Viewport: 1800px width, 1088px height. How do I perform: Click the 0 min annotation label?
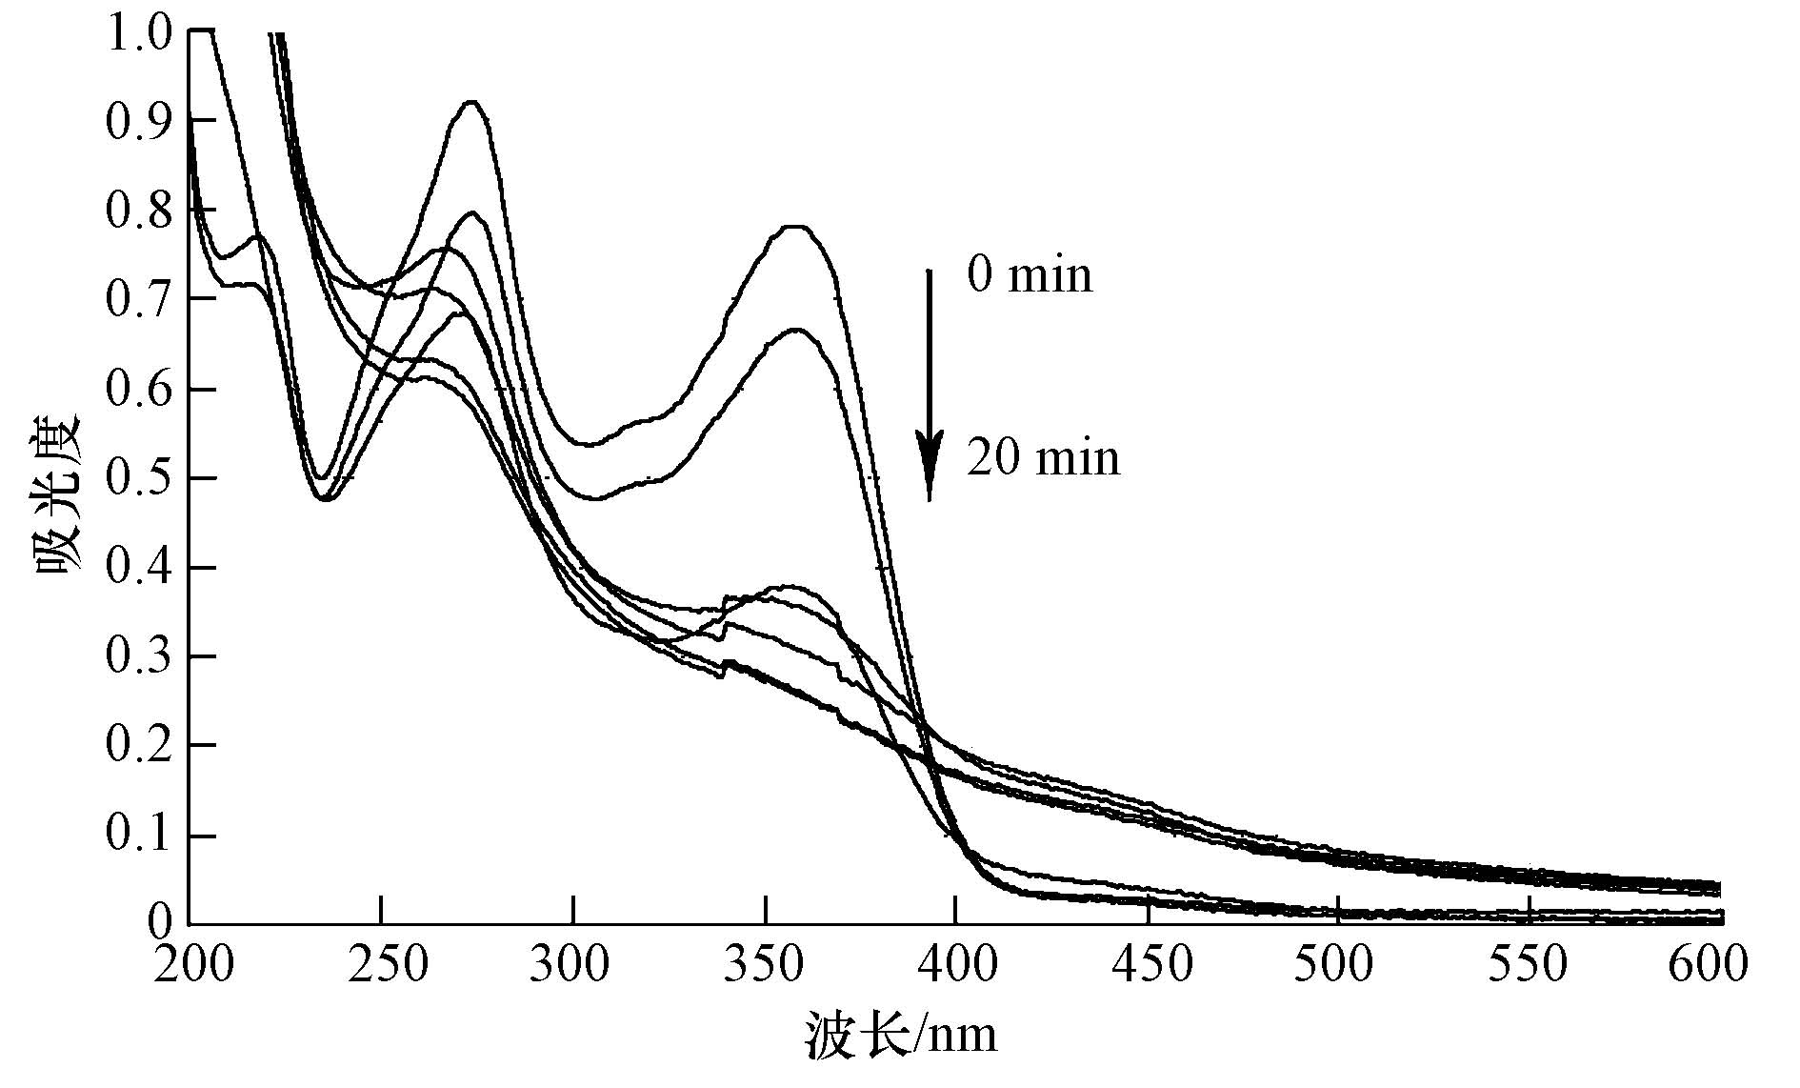tap(1030, 275)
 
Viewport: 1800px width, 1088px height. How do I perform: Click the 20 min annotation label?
tap(1043, 458)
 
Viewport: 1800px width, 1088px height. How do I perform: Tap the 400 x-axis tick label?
tap(957, 965)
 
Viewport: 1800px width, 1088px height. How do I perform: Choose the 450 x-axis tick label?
tap(1151, 965)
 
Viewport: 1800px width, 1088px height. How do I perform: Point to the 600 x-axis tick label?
tap(1708, 965)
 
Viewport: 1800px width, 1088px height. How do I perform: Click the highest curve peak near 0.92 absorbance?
tap(471, 102)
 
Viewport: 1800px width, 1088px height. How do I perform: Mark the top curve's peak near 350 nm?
tap(796, 227)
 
